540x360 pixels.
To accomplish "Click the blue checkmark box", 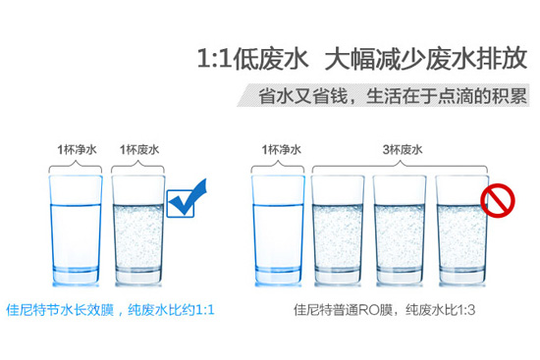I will (x=186, y=201).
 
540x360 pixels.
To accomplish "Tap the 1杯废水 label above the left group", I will (x=139, y=150).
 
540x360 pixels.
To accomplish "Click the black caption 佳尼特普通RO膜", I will (x=347, y=311).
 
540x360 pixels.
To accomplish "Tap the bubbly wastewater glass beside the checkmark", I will (x=140, y=227).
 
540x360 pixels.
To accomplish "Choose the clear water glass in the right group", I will (x=281, y=227).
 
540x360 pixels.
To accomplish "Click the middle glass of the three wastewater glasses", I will (x=403, y=227).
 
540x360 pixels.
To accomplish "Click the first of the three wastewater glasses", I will (x=342, y=227).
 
